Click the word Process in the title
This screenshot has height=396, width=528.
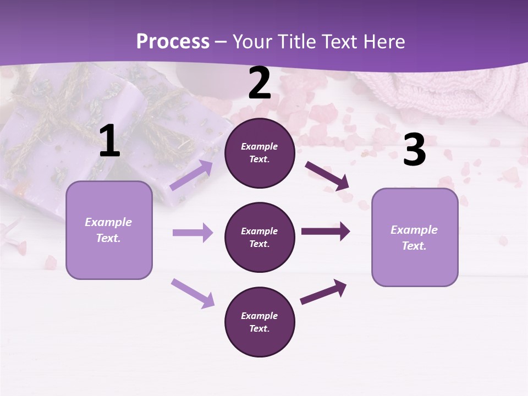173,41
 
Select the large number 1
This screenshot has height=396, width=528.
109,142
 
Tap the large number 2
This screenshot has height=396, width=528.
260,84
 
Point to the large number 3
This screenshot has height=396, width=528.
414,150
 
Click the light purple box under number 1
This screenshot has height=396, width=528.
109,230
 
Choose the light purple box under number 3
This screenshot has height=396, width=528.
415,238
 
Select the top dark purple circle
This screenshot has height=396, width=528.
260,153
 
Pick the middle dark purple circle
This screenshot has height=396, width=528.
260,238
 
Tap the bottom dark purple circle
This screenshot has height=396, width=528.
260,322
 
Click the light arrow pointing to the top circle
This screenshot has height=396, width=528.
191,175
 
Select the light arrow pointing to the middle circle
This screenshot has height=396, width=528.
193,233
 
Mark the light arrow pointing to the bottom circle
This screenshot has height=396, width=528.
193,293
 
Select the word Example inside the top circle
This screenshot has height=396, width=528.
260,147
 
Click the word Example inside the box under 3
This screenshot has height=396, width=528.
414,230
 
